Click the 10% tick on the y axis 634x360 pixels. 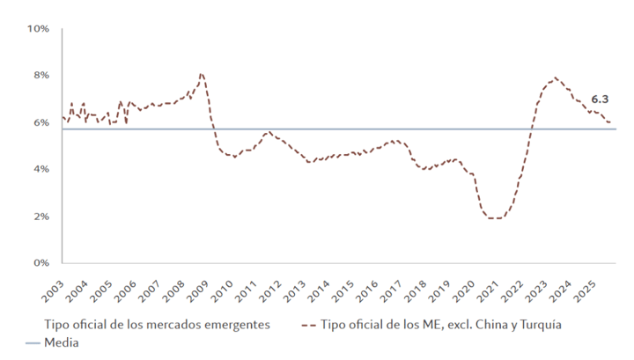(38, 29)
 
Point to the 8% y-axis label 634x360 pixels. (41, 76)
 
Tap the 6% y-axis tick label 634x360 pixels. (41, 122)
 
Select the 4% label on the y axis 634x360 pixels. (41, 169)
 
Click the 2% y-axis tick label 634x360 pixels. (41, 216)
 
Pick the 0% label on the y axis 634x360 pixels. (41, 262)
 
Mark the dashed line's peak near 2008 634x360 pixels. (202, 74)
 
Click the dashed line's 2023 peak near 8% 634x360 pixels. (555, 77)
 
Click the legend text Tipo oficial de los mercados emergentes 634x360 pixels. (159, 325)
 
